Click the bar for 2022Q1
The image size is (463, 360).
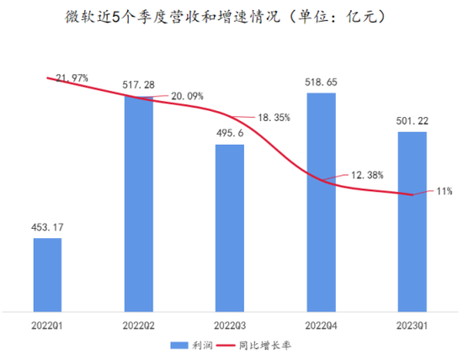[47, 273]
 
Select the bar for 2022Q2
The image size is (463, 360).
[138, 202]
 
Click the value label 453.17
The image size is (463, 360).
[48, 227]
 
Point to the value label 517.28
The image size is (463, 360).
[139, 85]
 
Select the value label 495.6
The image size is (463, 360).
[230, 134]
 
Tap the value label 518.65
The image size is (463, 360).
[321, 82]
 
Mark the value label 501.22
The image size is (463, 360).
[412, 121]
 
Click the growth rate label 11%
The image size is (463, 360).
[444, 191]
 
